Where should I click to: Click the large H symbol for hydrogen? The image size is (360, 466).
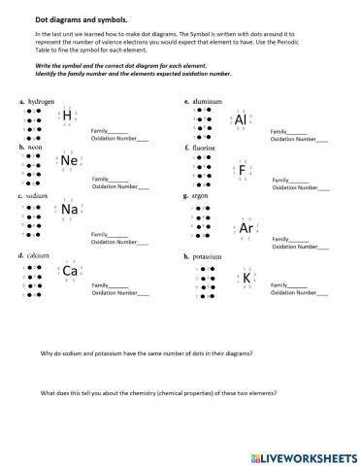[x=68, y=117]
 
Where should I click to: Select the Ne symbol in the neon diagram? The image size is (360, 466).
[x=69, y=160]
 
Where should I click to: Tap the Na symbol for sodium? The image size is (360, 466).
[x=69, y=209]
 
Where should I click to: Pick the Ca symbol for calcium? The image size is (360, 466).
[x=70, y=271]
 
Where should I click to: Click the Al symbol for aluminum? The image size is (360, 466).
[x=242, y=119]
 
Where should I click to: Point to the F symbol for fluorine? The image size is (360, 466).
[x=243, y=171]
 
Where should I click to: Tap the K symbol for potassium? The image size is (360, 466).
[x=247, y=279]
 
